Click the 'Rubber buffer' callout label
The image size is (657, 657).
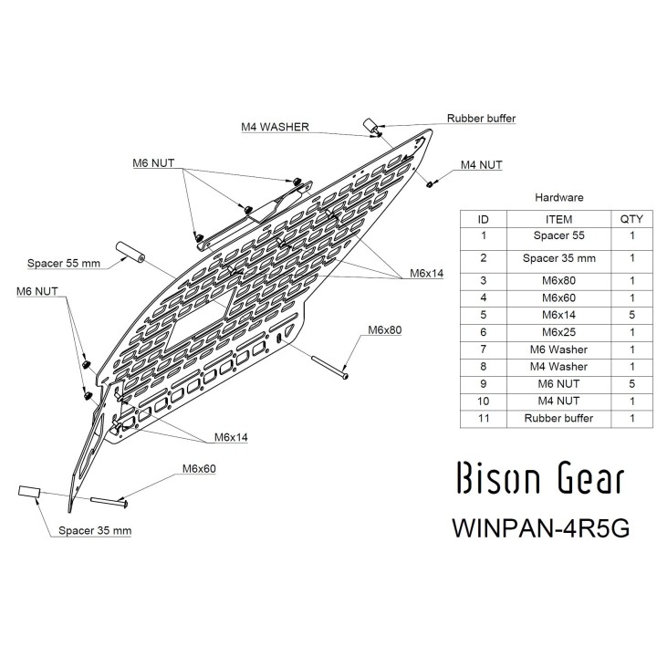(x=481, y=119)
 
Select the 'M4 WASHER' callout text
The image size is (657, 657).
(x=275, y=127)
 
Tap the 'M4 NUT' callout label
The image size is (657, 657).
(x=482, y=165)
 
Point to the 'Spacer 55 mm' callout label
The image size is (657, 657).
(x=64, y=264)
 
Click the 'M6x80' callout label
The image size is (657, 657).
(x=385, y=330)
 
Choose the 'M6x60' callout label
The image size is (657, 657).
(x=199, y=469)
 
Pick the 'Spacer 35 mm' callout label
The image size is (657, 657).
(x=95, y=531)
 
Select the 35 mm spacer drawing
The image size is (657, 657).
(x=29, y=492)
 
